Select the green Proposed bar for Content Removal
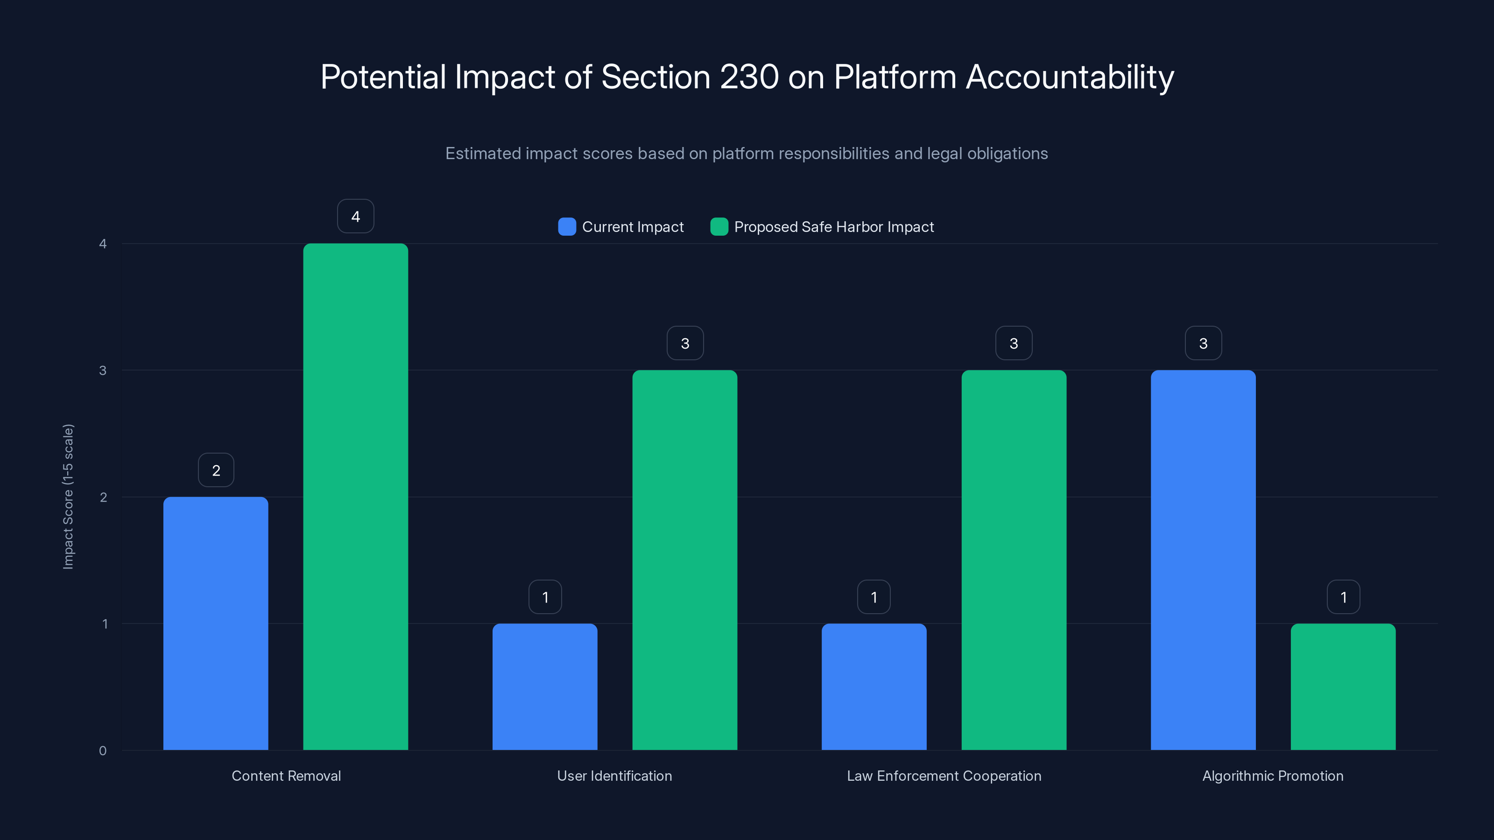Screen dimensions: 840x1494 tap(355, 497)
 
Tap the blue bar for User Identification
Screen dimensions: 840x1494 tap(544, 687)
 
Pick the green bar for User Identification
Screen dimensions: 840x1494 tap(684, 560)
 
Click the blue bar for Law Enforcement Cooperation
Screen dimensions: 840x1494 tap(874, 687)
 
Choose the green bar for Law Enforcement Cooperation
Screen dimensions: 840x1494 tap(1014, 560)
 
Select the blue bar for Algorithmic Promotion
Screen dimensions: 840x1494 tap(1203, 560)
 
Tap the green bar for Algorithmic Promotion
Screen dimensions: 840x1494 tap(1343, 687)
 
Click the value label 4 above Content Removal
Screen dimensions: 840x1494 tap(355, 216)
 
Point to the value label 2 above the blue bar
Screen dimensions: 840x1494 tap(216, 470)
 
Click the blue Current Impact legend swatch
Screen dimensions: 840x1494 tap(567, 227)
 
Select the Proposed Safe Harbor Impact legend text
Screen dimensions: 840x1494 tap(833, 227)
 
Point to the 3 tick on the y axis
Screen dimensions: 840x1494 tap(103, 371)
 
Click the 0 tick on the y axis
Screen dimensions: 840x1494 tap(103, 751)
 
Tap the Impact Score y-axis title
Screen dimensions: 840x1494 tap(69, 497)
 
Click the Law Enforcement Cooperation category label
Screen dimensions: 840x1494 tap(944, 776)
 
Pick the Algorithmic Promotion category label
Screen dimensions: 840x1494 tap(1272, 776)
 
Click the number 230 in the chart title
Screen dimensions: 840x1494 tap(749, 77)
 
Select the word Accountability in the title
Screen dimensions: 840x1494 tap(1070, 77)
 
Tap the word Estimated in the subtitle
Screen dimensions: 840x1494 tap(483, 154)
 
